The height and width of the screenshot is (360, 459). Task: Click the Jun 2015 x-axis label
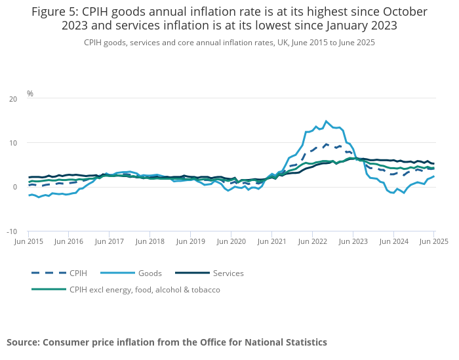click(x=29, y=241)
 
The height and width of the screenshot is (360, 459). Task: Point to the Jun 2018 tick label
click(x=150, y=241)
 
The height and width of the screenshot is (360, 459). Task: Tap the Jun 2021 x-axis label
click(x=271, y=241)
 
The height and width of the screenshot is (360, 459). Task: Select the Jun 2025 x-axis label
click(x=433, y=241)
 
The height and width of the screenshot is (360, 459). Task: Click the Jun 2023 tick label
click(x=353, y=241)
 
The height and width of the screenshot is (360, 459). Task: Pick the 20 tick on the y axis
click(x=13, y=99)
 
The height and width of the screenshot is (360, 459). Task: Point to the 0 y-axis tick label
click(x=15, y=188)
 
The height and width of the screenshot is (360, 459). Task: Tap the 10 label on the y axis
click(x=13, y=143)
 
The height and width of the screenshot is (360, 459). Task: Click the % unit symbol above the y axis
click(x=30, y=94)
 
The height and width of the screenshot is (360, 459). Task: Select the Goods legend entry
click(x=150, y=273)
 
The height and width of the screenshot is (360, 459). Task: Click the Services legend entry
click(x=229, y=273)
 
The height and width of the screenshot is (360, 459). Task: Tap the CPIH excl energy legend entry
click(x=144, y=289)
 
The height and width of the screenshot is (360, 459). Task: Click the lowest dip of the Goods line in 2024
click(x=403, y=193)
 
